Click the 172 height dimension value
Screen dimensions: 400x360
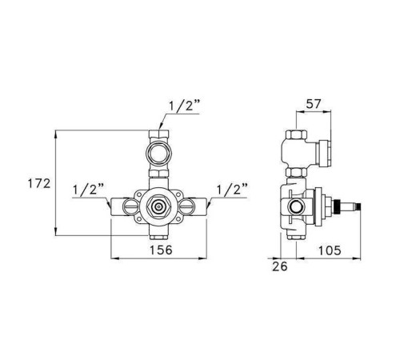[39, 184]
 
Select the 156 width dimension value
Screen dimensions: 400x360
[161, 250]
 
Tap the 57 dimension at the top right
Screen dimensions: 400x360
[314, 104]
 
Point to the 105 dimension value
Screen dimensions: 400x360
[330, 250]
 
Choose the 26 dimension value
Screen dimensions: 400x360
[280, 266]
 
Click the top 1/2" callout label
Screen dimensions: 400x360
[184, 106]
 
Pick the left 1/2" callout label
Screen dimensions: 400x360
[88, 190]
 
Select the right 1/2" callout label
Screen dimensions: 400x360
[231, 190]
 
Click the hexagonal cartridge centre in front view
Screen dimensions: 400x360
[159, 206]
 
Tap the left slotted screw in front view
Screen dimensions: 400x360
[130, 206]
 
